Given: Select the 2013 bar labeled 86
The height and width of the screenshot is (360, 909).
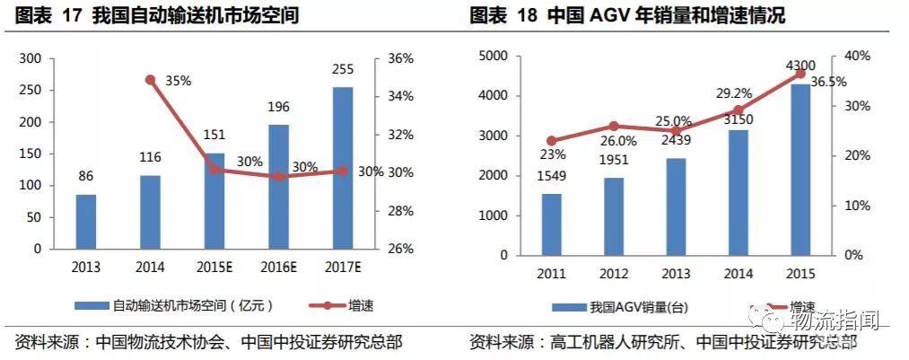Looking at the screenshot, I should point(85,221).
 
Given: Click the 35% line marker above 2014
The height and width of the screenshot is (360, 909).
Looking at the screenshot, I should point(150,80).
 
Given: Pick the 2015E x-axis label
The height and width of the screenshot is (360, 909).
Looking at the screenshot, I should point(214,267).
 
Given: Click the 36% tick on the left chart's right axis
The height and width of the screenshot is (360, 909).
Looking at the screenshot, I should point(400,58).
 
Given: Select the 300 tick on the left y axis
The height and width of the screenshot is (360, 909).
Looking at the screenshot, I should point(31,58).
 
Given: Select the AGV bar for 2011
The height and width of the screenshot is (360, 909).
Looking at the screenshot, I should point(552,224).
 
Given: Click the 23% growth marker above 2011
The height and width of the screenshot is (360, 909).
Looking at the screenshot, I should point(552,141).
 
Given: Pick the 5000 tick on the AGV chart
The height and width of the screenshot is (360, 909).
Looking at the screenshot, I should point(494,56).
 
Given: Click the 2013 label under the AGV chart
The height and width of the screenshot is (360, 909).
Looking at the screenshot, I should point(676,272).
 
